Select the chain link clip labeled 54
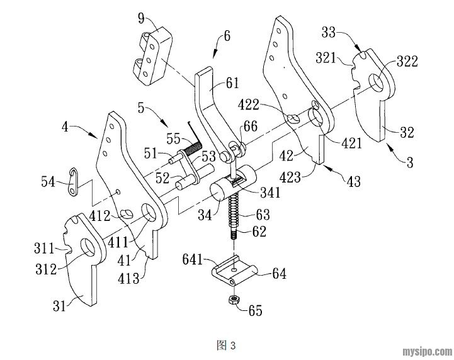[74, 183]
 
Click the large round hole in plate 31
[87, 247]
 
